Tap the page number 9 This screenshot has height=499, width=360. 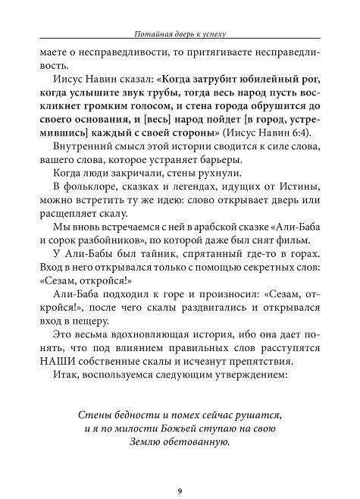(180, 470)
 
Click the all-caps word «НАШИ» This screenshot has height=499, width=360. (71, 375)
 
